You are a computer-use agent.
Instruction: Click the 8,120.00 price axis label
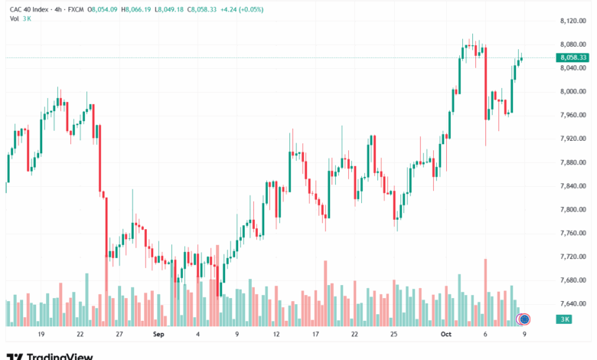573,21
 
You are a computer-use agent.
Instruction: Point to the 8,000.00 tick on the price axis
573,91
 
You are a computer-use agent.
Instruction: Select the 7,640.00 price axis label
573,303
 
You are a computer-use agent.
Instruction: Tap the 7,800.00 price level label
573,210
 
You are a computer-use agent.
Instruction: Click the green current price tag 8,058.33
573,57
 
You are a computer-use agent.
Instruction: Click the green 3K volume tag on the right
565,319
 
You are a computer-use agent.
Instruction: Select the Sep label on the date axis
158,334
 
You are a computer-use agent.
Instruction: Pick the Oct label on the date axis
446,334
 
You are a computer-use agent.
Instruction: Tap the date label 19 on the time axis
41,334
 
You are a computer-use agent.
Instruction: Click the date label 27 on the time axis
119,334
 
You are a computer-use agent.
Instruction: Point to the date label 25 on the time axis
393,334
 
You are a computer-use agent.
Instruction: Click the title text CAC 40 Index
29,9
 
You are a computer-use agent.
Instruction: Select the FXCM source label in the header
76,9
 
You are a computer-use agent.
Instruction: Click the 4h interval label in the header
58,9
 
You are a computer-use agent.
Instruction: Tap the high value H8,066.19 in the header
136,9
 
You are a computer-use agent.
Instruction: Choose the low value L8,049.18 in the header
169,9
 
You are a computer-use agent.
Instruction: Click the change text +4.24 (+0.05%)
242,9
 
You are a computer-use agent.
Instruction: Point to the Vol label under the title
14,18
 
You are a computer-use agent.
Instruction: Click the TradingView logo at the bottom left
50,356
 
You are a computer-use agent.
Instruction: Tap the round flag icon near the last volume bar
524,319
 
